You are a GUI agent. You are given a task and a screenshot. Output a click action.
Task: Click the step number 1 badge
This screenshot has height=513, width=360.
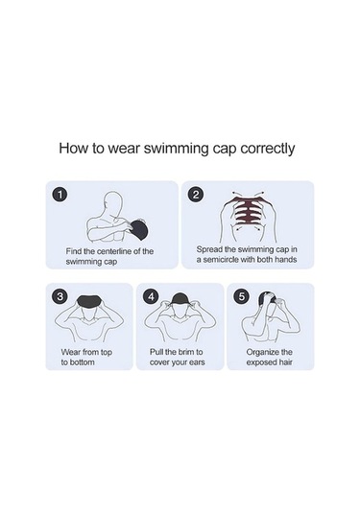click(60, 195)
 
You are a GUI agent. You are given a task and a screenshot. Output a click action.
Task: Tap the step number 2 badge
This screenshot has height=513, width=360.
click(196, 195)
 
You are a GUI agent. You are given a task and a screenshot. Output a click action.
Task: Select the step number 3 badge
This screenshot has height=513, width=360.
click(60, 296)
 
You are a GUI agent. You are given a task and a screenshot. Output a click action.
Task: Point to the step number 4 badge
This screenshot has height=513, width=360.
click(151, 296)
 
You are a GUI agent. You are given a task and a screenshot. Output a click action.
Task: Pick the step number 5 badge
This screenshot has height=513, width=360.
click(241, 296)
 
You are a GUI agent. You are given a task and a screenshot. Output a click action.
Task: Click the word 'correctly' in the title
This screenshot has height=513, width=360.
click(267, 149)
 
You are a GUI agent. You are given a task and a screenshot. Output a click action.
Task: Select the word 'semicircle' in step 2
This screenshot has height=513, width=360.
click(221, 260)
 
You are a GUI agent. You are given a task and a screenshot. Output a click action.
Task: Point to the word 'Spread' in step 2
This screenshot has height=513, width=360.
click(207, 249)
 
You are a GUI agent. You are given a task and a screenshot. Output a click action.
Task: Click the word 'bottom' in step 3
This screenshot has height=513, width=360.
click(82, 362)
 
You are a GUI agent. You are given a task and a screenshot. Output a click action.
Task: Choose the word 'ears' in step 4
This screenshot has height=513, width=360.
click(197, 362)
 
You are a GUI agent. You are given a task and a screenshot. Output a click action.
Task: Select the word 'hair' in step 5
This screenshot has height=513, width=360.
click(285, 362)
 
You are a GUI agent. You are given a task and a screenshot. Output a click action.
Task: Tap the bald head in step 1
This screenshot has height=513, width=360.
click(112, 203)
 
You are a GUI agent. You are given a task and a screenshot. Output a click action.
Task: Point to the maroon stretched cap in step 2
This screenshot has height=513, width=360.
click(249, 212)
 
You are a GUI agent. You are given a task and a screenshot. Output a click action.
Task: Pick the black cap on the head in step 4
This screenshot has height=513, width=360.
click(180, 299)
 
